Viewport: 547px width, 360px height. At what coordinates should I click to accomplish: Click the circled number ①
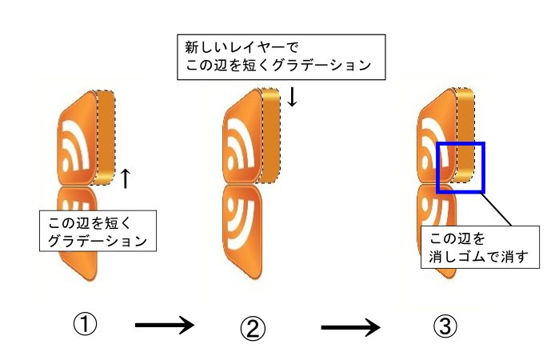pos(86,324)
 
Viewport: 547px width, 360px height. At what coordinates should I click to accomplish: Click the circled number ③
pos(445,326)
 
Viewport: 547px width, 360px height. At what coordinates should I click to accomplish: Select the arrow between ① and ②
pos(165,325)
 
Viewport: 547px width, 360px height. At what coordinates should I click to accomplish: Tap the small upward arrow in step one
pos(125,177)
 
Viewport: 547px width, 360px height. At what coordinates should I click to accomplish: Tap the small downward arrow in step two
pos(293,97)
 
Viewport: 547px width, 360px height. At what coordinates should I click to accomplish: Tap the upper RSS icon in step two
pos(244,136)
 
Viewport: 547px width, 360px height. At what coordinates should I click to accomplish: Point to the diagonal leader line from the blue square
pos(501,210)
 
